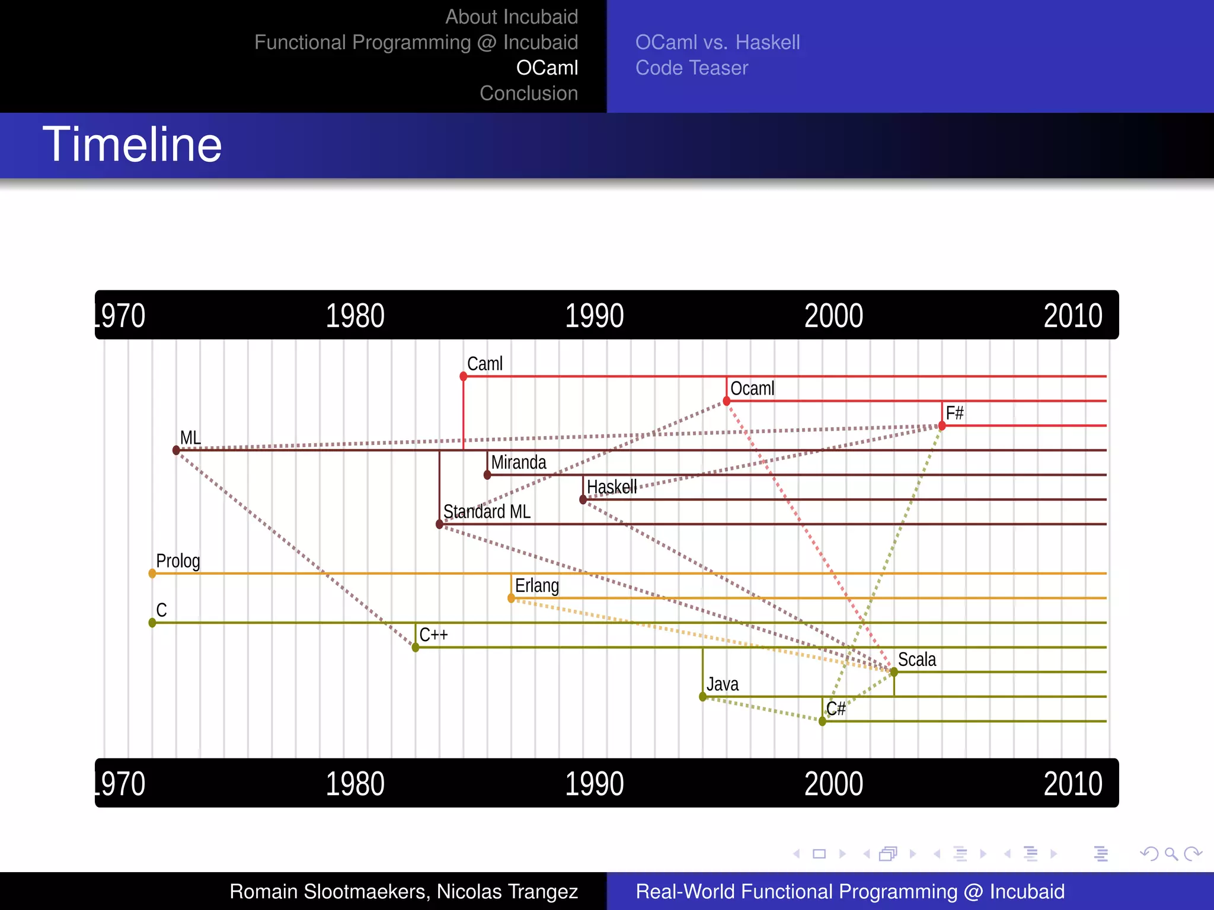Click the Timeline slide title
pos(132,145)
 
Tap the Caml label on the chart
pos(484,364)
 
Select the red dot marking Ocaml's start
pos(727,402)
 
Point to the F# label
pos(954,413)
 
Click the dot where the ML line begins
pos(176,450)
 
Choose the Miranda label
pos(519,462)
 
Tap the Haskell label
pos(612,487)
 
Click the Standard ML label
pos(487,511)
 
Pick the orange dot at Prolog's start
pos(152,573)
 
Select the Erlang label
pos(537,586)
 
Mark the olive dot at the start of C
pos(152,623)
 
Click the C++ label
pos(433,635)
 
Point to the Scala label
pos(917,659)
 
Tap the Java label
pos(723,684)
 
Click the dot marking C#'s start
pos(822,722)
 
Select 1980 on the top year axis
pos(355,316)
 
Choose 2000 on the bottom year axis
pos(833,784)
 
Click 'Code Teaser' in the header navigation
pos(692,68)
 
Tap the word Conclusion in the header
pos(529,94)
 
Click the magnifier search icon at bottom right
pos(1171,854)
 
